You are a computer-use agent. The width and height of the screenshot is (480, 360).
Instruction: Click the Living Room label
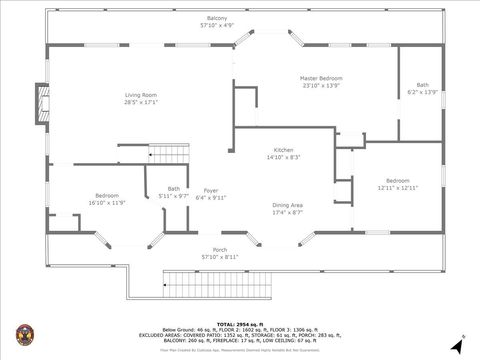tap(141, 94)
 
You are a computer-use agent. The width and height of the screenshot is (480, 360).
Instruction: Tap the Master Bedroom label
tap(322, 78)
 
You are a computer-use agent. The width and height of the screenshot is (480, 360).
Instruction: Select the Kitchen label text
tap(283, 150)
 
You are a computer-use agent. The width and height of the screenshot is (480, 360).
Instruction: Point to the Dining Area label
tap(288, 205)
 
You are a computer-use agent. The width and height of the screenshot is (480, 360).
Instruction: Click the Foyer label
tap(210, 190)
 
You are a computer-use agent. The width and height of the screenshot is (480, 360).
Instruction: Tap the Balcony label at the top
tap(216, 19)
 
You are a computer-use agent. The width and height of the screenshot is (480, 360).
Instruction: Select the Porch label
tap(219, 250)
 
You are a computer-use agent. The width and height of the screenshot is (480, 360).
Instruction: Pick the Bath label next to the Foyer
tap(174, 188)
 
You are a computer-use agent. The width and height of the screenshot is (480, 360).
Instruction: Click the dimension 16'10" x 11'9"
tap(107, 202)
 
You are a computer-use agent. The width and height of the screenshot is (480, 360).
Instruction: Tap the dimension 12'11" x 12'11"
tap(397, 187)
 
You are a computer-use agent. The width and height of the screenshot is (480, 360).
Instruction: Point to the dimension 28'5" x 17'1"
tap(141, 102)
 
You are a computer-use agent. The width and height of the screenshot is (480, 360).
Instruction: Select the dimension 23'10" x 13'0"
tap(322, 85)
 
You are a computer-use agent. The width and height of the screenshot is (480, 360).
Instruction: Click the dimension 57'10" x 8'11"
tap(219, 257)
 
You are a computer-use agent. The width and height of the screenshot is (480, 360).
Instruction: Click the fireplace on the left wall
tap(40, 105)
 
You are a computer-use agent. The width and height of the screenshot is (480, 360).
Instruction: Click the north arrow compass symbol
tap(457, 344)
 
